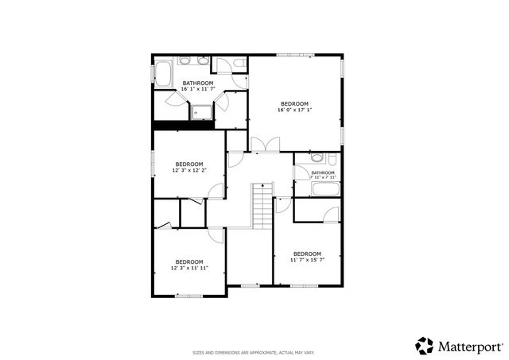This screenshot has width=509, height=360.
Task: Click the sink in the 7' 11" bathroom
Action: (317, 157)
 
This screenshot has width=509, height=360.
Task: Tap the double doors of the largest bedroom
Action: (265, 145)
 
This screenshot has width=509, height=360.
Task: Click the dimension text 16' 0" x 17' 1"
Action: (294, 110)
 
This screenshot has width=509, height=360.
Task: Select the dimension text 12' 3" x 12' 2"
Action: (189, 170)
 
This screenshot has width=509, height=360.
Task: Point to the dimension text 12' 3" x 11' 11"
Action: (189, 269)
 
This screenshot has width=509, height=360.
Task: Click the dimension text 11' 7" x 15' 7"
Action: (306, 260)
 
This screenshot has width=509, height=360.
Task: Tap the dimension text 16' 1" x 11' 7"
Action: (198, 90)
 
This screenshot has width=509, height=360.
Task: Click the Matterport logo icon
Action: (424, 346)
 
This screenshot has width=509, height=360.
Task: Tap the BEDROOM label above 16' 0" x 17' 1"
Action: (294, 103)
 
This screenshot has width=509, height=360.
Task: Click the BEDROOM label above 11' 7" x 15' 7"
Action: (306, 254)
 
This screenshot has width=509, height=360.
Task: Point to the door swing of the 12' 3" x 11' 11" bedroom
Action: (216, 235)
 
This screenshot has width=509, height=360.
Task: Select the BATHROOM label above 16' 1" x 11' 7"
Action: (198, 83)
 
